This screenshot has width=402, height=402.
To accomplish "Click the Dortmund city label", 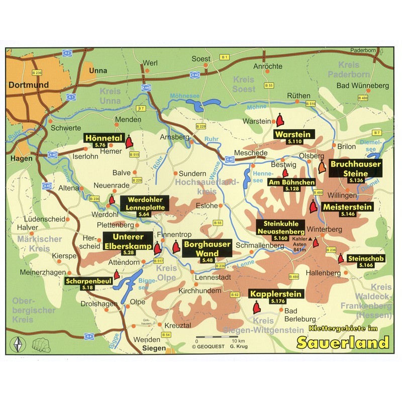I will [28, 85].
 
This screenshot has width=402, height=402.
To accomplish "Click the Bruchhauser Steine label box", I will [355, 169].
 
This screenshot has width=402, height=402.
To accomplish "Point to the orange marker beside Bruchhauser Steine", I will [322, 167].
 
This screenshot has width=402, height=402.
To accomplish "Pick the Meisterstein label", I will [347, 209].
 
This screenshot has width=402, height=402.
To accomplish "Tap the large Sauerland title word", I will [342, 343].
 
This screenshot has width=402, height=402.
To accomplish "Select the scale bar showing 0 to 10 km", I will [216, 337].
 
